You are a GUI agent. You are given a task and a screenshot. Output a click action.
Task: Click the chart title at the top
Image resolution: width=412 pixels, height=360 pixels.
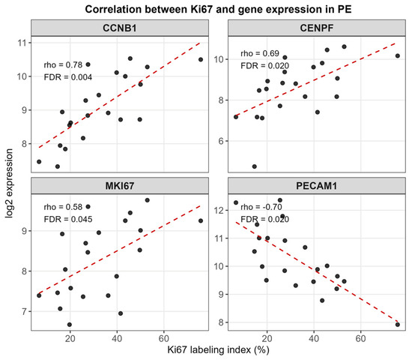pyautogui.click(x=218, y=10)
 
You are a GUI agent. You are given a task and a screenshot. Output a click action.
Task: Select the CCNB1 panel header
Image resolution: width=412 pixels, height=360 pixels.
pyautogui.click(x=120, y=28)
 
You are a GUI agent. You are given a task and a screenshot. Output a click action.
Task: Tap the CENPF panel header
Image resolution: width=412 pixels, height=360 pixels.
pyautogui.click(x=317, y=28)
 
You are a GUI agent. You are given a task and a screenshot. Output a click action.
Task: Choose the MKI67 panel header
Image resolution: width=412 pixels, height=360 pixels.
pyautogui.click(x=120, y=186)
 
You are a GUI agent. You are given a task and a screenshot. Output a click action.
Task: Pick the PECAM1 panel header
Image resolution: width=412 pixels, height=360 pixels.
pyautogui.click(x=317, y=186)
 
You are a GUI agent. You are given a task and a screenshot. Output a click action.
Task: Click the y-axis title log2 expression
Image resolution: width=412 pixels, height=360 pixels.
pyautogui.click(x=9, y=184)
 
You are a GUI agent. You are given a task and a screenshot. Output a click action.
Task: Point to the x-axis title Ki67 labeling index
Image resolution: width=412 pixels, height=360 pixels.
pyautogui.click(x=218, y=350)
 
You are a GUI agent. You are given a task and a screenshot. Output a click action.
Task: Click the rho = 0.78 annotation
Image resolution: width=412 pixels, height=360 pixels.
pyautogui.click(x=63, y=64)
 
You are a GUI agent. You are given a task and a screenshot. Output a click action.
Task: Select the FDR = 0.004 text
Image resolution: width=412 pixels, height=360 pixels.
pyautogui.click(x=67, y=77)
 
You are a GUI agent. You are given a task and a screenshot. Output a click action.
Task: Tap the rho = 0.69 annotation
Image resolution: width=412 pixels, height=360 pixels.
pyautogui.click(x=260, y=53)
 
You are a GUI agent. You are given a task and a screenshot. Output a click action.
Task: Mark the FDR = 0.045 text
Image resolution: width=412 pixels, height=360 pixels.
pyautogui.click(x=67, y=219)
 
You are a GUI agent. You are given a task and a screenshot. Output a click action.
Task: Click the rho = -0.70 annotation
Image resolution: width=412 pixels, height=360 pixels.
pyautogui.click(x=261, y=207)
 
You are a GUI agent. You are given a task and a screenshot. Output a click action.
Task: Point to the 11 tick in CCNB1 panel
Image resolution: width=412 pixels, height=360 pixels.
pyautogui.click(x=22, y=43)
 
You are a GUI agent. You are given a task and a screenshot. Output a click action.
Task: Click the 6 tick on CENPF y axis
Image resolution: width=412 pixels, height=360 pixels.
pyautogui.click(x=221, y=141)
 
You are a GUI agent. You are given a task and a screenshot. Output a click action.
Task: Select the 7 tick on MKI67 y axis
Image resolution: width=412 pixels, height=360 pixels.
pyautogui.click(x=25, y=312)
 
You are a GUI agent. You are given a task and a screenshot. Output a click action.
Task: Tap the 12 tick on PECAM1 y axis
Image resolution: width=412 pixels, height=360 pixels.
pyautogui.click(x=219, y=211)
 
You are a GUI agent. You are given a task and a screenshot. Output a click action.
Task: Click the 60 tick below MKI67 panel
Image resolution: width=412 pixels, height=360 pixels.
pyautogui.click(x=164, y=338)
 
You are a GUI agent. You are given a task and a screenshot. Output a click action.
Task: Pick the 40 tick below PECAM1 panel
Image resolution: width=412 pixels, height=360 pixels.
pyautogui.click(x=314, y=338)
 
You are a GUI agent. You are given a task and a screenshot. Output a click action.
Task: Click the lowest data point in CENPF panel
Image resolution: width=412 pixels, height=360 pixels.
pyautogui.click(x=255, y=166)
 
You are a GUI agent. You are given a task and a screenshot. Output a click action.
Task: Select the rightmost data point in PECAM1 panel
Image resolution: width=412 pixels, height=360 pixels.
pyautogui.click(x=398, y=325)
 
